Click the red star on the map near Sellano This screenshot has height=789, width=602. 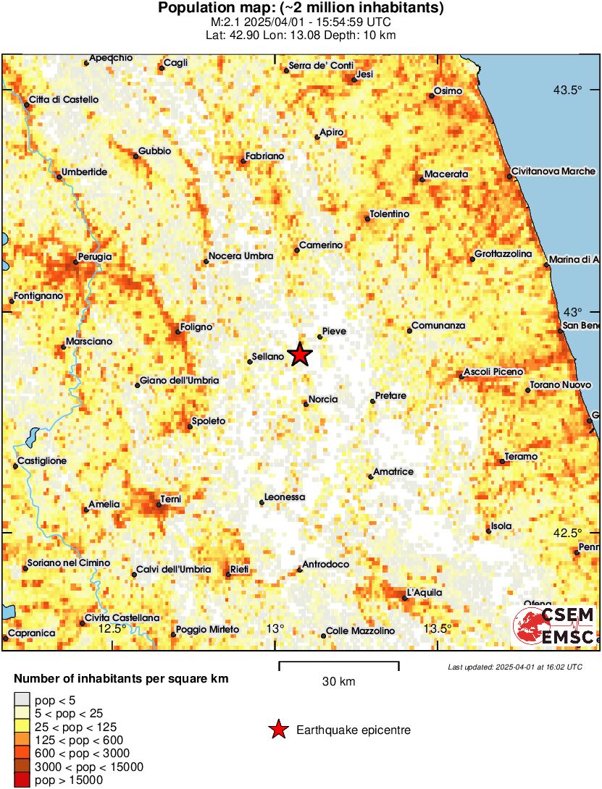point(299,355)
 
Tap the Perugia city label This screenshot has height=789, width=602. point(96,257)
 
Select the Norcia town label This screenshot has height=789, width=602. point(323,399)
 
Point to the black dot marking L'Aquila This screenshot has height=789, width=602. point(404,598)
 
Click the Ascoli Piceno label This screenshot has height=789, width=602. point(493,371)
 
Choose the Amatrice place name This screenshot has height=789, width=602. point(393,472)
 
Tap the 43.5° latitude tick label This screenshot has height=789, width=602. point(567,90)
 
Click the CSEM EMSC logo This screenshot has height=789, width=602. point(555,625)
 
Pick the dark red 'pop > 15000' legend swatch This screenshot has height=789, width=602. point(23,780)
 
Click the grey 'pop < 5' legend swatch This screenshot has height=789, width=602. point(23,699)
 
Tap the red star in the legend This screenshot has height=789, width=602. point(277,730)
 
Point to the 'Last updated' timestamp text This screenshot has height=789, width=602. point(514,667)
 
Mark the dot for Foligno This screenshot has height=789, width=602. point(178,333)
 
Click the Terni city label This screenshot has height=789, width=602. point(172,499)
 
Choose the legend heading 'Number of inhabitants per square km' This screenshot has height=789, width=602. point(122,679)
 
